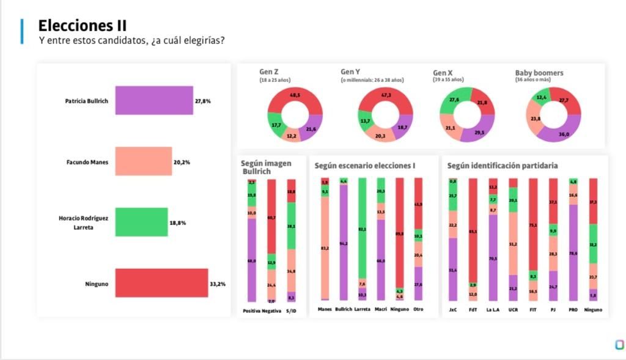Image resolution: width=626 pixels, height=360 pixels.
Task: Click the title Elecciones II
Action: [x=83, y=26]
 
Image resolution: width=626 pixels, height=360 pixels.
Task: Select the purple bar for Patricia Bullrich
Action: [x=154, y=100]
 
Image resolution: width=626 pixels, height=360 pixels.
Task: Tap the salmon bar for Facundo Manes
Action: [x=144, y=162]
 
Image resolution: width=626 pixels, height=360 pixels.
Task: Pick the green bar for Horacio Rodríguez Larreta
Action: [x=141, y=222]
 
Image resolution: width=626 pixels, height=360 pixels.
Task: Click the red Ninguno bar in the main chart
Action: [x=161, y=284]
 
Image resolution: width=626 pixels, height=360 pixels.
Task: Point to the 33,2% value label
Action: [x=218, y=284]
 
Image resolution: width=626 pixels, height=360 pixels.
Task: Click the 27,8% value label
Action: [x=203, y=101]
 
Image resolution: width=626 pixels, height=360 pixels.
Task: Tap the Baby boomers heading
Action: [x=539, y=73]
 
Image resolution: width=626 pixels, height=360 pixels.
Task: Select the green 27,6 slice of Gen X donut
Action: [x=454, y=100]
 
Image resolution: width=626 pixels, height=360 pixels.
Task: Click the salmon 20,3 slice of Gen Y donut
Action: [x=380, y=135]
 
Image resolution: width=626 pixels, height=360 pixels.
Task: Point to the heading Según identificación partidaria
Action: [x=503, y=165]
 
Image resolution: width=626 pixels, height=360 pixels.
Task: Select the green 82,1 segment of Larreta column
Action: [x=363, y=229]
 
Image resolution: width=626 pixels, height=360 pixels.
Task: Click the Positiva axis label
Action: [x=251, y=310]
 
